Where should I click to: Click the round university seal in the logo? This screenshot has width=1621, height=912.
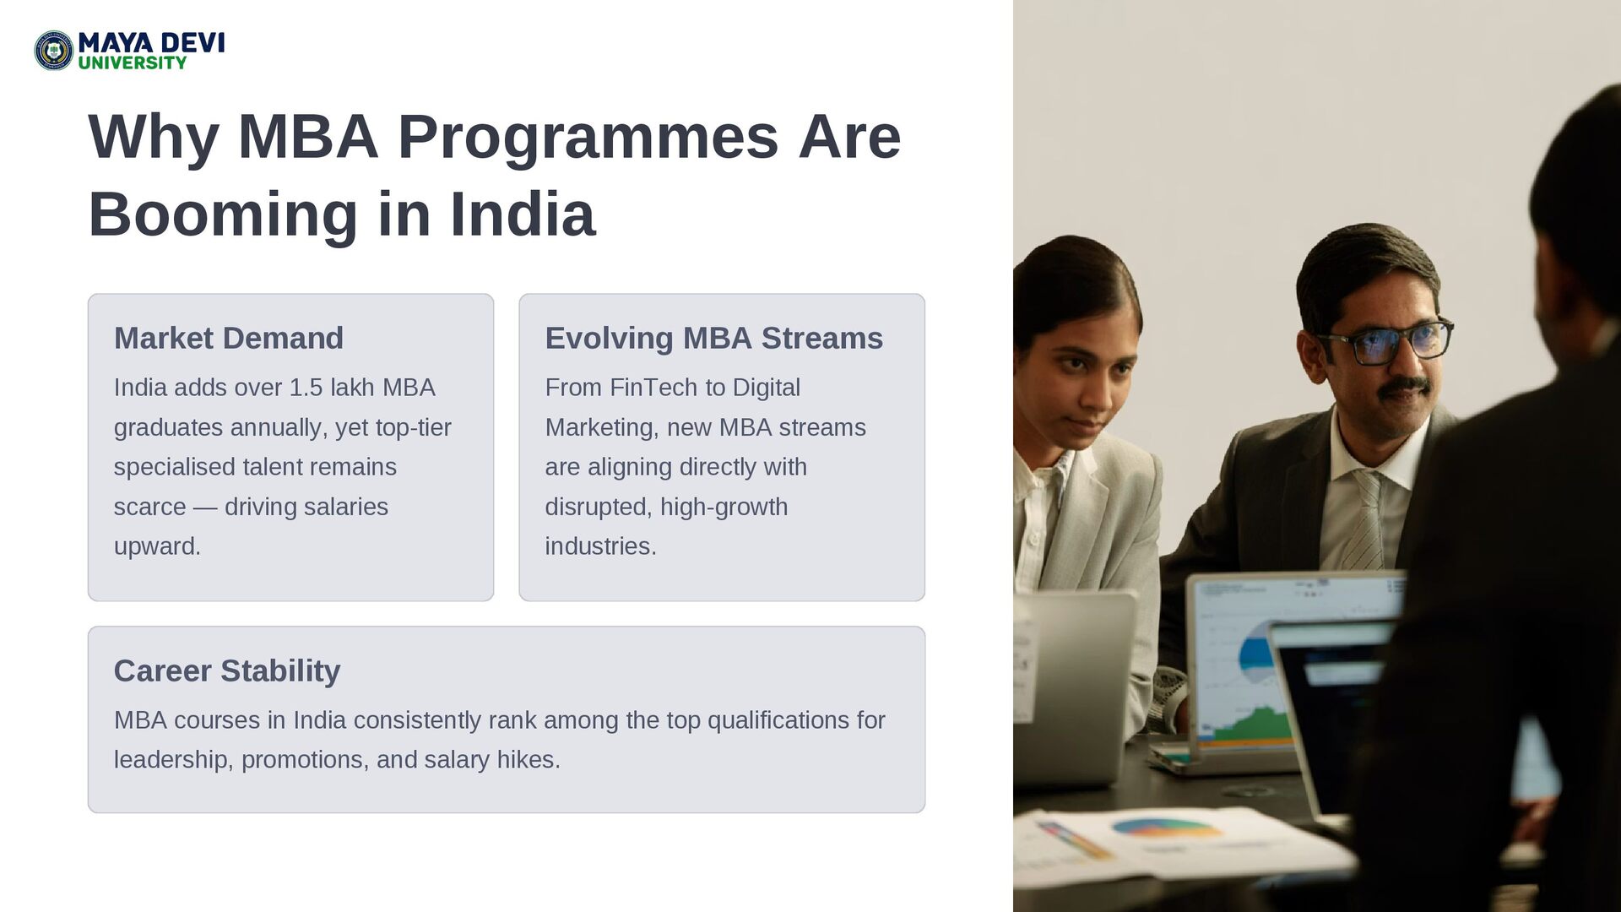pyautogui.click(x=54, y=51)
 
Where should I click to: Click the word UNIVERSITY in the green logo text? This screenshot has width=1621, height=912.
pyautogui.click(x=133, y=62)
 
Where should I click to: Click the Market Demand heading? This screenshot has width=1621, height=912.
pyautogui.click(x=229, y=338)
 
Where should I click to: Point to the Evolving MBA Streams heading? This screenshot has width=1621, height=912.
pyautogui.click(x=714, y=338)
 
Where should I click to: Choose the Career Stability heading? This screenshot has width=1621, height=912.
pyautogui.click(x=227, y=670)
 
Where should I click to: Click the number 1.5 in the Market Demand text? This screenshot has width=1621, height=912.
pyautogui.click(x=306, y=388)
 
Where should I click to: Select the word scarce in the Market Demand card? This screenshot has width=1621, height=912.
pyautogui.click(x=149, y=507)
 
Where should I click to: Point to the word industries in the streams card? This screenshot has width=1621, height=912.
pyautogui.click(x=600, y=546)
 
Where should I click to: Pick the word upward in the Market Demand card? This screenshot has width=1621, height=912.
pyautogui.click(x=157, y=547)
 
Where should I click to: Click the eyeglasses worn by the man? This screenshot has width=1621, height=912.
pyautogui.click(x=1385, y=342)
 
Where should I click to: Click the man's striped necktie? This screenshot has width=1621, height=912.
pyautogui.click(x=1366, y=520)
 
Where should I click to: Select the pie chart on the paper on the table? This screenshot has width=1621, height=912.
pyautogui.click(x=1167, y=827)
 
